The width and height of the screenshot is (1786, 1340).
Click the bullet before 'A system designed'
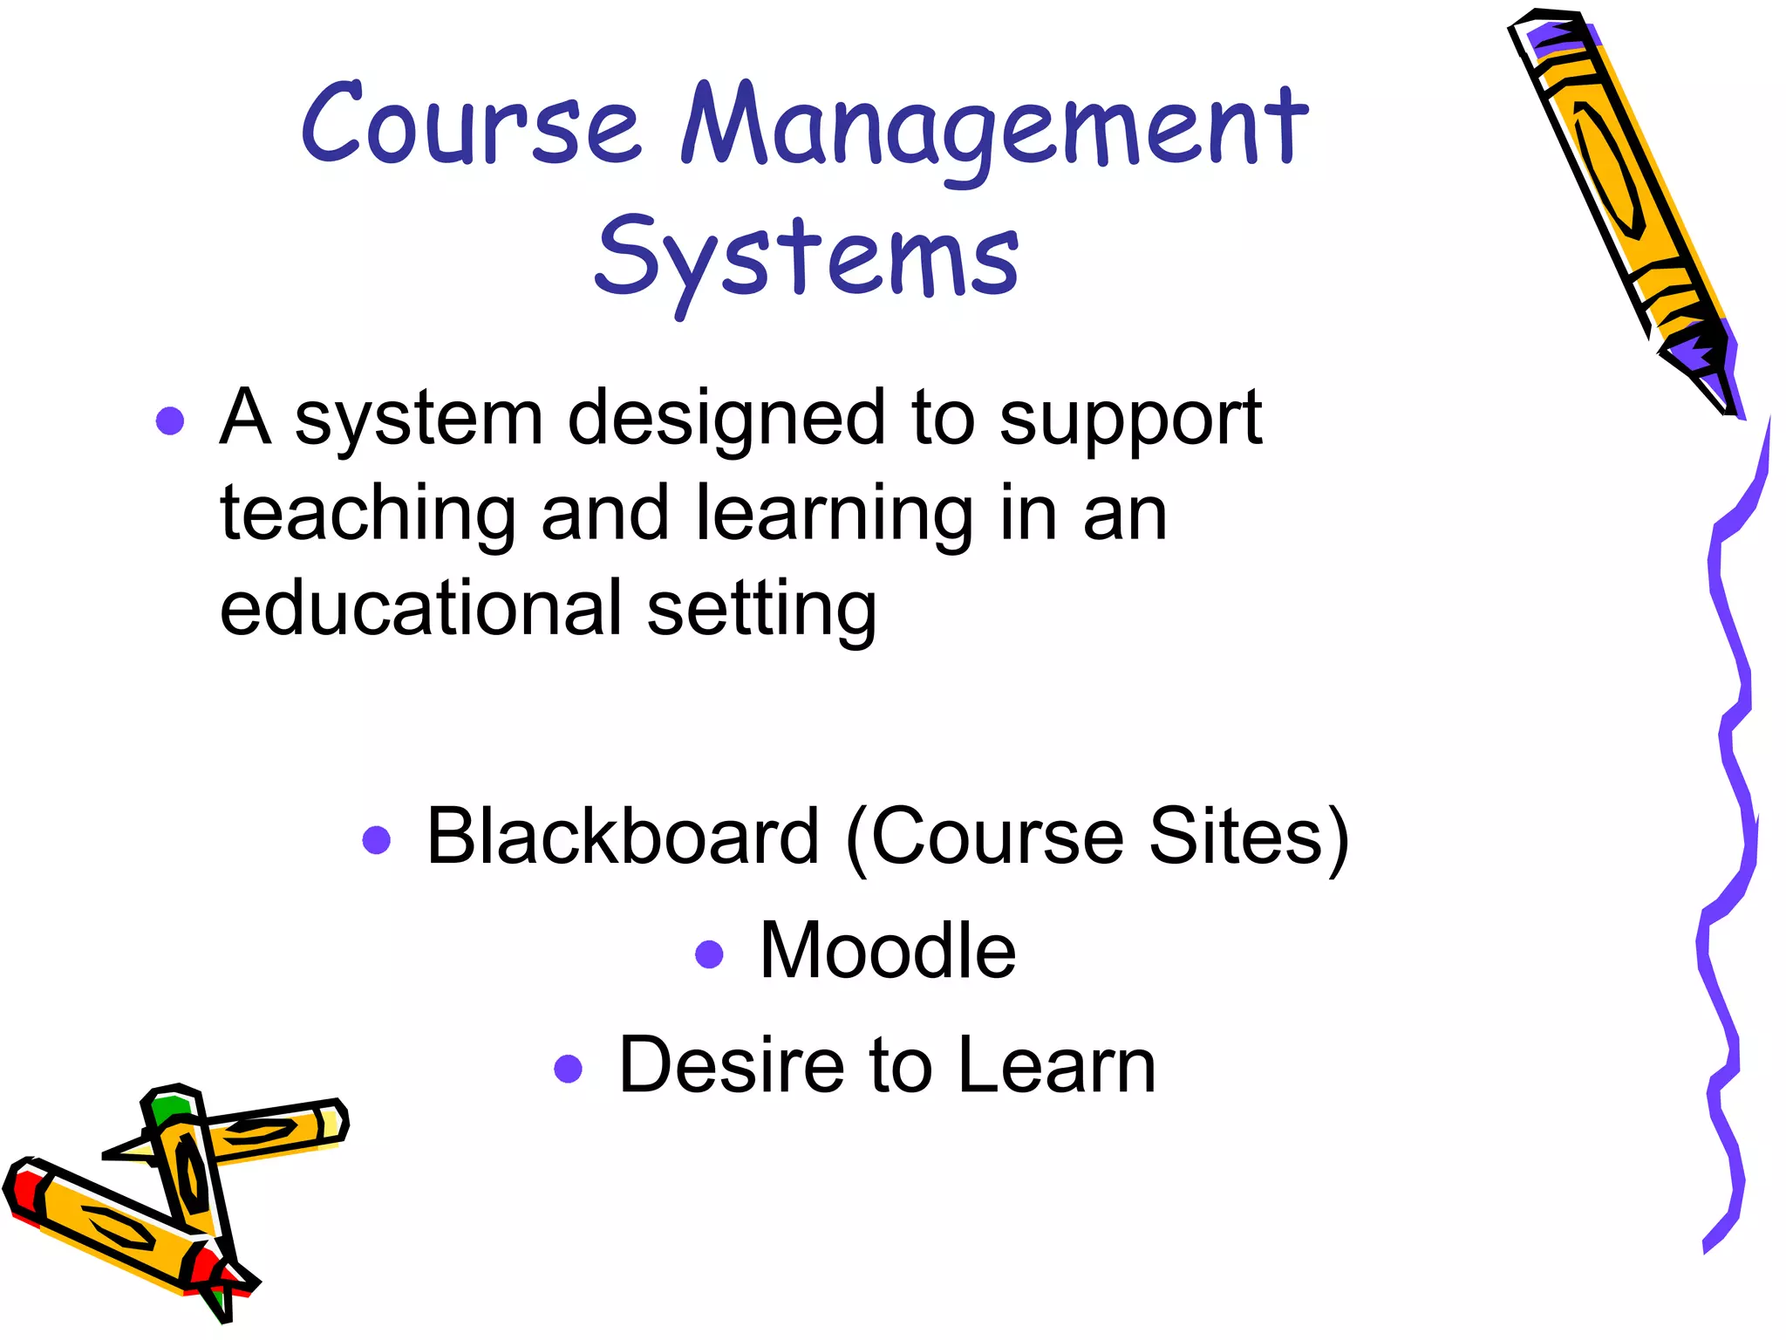(x=170, y=420)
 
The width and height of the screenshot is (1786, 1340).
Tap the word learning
(x=834, y=515)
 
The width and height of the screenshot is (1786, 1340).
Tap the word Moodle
(x=888, y=951)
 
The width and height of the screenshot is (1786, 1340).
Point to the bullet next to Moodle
(x=710, y=954)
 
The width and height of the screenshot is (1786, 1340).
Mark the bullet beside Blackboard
(x=376, y=840)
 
